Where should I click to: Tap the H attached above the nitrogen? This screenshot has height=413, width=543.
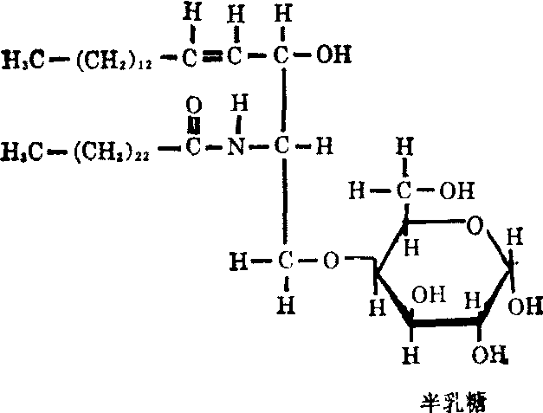243,105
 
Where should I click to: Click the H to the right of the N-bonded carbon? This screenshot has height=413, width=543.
323,148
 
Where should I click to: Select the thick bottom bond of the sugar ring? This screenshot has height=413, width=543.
444,320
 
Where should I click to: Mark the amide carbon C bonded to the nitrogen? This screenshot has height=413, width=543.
194,148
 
